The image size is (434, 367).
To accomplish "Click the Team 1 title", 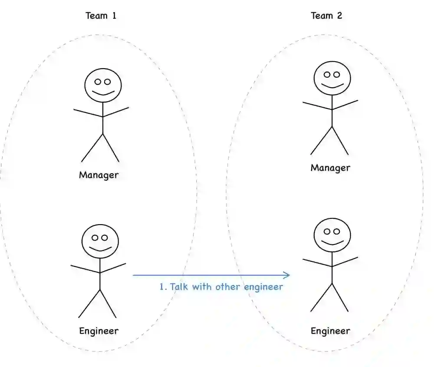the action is click(101, 16).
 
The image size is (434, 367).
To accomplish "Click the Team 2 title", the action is click(326, 16).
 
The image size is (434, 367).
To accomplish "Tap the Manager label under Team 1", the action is click(99, 175).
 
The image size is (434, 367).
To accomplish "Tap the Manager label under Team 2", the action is click(330, 168).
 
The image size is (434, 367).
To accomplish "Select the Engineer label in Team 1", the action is click(99, 331).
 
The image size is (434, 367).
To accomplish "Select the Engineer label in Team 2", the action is click(330, 331).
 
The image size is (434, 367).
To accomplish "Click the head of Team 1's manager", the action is click(103, 85).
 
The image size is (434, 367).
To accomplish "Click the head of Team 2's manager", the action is click(332, 78).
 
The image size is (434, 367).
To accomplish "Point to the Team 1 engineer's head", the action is click(100, 241).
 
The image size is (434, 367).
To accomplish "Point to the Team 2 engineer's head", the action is click(332, 235).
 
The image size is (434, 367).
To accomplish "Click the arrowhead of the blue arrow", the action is click(287, 275).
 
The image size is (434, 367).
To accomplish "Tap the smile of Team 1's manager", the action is click(103, 93).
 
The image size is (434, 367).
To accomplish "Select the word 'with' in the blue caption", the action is click(201, 287).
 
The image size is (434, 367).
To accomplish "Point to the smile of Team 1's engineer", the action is click(100, 249).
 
